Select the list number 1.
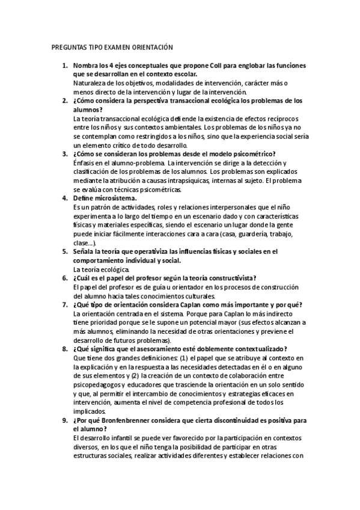point(64,65)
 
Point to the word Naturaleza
point(90,83)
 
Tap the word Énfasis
point(85,163)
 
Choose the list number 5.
point(64,251)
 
